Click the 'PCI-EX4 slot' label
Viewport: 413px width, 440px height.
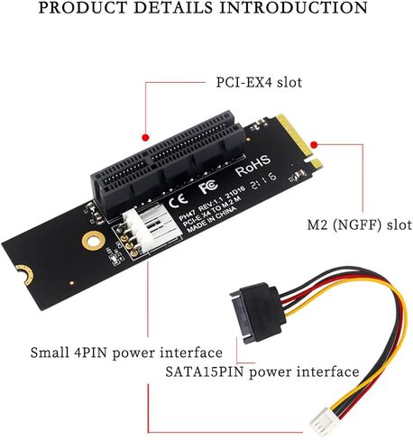coord(259,82)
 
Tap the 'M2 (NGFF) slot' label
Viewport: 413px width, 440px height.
coord(360,225)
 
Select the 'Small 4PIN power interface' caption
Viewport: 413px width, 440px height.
coord(126,353)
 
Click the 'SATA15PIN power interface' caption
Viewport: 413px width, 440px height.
coord(262,371)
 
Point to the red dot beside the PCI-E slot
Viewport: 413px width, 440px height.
coord(146,138)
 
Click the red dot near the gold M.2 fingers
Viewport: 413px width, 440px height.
coord(314,145)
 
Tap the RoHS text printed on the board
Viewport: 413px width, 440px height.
coord(253,166)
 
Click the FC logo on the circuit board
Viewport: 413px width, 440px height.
coord(208,187)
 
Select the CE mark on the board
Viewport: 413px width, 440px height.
coord(178,201)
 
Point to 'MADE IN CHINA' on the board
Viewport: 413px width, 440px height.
coord(212,219)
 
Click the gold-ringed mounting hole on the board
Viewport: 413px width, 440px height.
coord(94,241)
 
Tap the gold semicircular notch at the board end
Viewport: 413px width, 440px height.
coord(24,275)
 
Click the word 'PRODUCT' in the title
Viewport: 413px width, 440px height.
coord(83,7)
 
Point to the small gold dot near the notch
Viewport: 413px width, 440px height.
coord(71,283)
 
